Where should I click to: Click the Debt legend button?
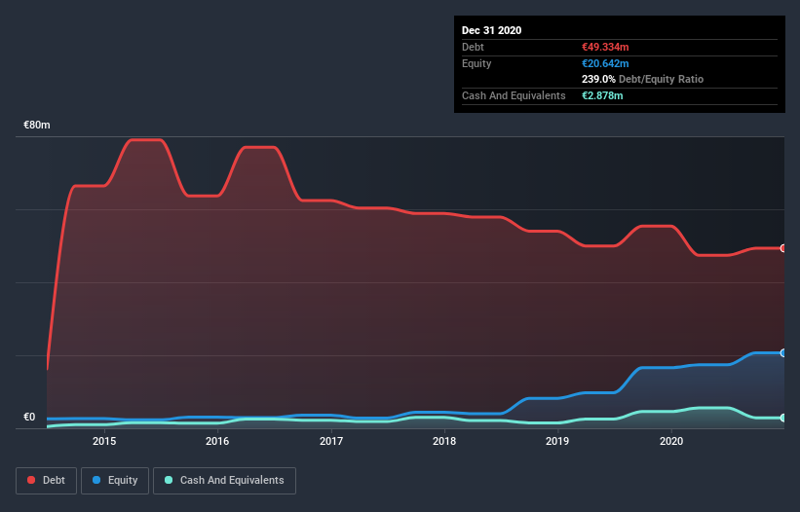coord(45,480)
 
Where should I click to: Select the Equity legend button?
coord(115,480)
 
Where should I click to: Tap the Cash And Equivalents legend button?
coord(224,480)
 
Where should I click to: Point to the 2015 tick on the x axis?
coord(104,442)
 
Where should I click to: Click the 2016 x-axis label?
coord(217,442)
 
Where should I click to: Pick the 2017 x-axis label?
coord(331,442)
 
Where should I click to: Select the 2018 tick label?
coord(444,442)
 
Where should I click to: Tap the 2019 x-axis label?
coord(557,442)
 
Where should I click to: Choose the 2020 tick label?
coord(671,442)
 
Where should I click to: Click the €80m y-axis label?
coord(37,126)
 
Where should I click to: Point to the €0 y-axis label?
coord(29,418)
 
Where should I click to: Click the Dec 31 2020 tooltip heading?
coord(491,30)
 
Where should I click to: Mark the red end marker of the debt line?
coord(782,248)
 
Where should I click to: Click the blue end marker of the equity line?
coord(782,352)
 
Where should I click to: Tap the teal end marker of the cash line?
coord(782,418)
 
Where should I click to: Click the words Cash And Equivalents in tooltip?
coord(514,95)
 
